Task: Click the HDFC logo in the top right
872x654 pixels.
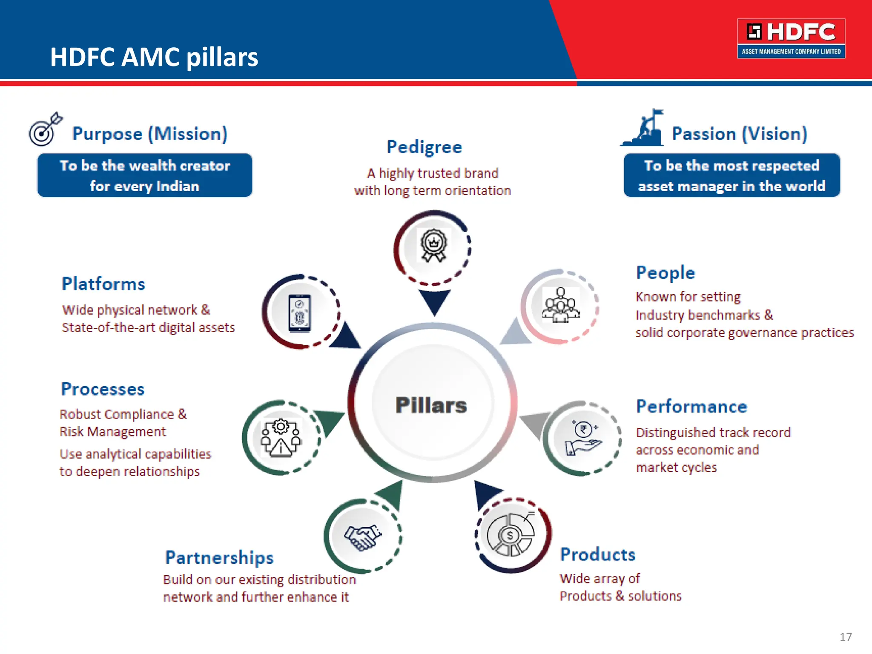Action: pos(791,38)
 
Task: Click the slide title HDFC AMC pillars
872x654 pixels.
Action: pos(154,57)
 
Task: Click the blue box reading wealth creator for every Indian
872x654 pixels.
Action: pos(145,175)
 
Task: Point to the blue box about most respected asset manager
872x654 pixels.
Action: pos(731,175)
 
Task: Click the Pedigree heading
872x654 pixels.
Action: pos(424,147)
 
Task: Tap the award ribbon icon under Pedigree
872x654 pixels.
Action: pos(433,245)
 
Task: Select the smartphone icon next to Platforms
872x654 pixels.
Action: pos(300,313)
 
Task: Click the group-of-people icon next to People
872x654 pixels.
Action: pos(560,305)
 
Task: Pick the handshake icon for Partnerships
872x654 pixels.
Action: pos(363,537)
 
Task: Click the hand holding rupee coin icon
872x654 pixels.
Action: pos(583,439)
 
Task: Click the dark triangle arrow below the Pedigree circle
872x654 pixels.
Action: pos(434,301)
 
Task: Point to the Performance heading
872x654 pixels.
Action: pos(691,407)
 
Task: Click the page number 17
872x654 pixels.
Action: pos(846,637)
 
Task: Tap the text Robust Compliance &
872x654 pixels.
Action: pos(123,414)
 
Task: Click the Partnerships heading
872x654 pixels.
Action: pos(219,557)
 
